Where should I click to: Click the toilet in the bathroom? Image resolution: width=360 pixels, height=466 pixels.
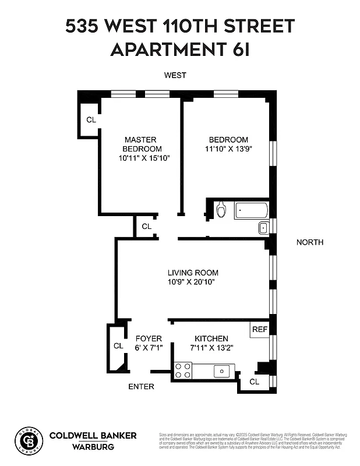click(221, 210)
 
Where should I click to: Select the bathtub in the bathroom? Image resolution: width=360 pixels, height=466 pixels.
click(251, 210)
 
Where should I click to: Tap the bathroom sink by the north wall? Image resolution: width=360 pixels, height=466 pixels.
click(263, 227)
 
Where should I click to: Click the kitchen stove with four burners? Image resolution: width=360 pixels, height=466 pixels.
click(183, 370)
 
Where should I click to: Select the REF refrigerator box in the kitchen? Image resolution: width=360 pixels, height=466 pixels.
click(259, 329)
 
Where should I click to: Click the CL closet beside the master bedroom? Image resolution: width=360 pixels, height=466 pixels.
click(90, 120)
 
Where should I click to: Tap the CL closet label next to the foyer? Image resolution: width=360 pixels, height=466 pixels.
click(118, 345)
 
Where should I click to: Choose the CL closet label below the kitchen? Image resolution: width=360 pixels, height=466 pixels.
click(255, 382)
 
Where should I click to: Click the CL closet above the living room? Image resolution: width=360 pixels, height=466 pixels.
click(146, 226)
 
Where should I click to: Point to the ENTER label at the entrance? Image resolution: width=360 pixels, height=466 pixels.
click(141, 386)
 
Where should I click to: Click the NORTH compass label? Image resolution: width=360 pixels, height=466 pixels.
click(309, 242)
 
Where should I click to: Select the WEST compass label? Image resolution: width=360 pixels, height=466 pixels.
click(175, 75)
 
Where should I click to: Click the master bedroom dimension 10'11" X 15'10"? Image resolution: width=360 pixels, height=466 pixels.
click(140, 158)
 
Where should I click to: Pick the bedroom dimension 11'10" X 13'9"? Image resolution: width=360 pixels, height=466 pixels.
click(228, 149)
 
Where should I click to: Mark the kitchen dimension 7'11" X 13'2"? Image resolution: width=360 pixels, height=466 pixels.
click(211, 348)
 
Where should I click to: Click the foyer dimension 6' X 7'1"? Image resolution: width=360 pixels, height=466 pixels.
click(149, 348)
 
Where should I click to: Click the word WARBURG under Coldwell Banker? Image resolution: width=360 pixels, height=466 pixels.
click(93, 447)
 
